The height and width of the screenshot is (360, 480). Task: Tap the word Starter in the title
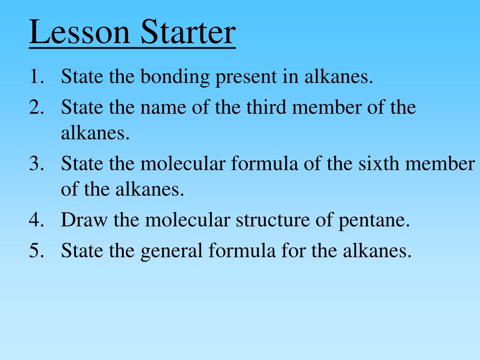click(186, 33)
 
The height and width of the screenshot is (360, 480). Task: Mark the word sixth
click(378, 164)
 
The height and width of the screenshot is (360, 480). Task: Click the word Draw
click(78, 221)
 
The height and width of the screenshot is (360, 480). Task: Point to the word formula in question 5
click(242, 251)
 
